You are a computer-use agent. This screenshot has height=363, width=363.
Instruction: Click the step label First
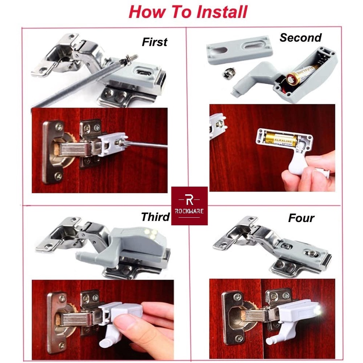click(154, 42)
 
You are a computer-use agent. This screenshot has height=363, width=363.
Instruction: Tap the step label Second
click(300, 38)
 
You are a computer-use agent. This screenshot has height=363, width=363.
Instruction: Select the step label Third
click(155, 217)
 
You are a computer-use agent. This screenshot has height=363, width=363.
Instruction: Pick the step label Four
click(301, 218)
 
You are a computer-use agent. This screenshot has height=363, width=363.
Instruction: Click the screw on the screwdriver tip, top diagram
click(131, 60)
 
